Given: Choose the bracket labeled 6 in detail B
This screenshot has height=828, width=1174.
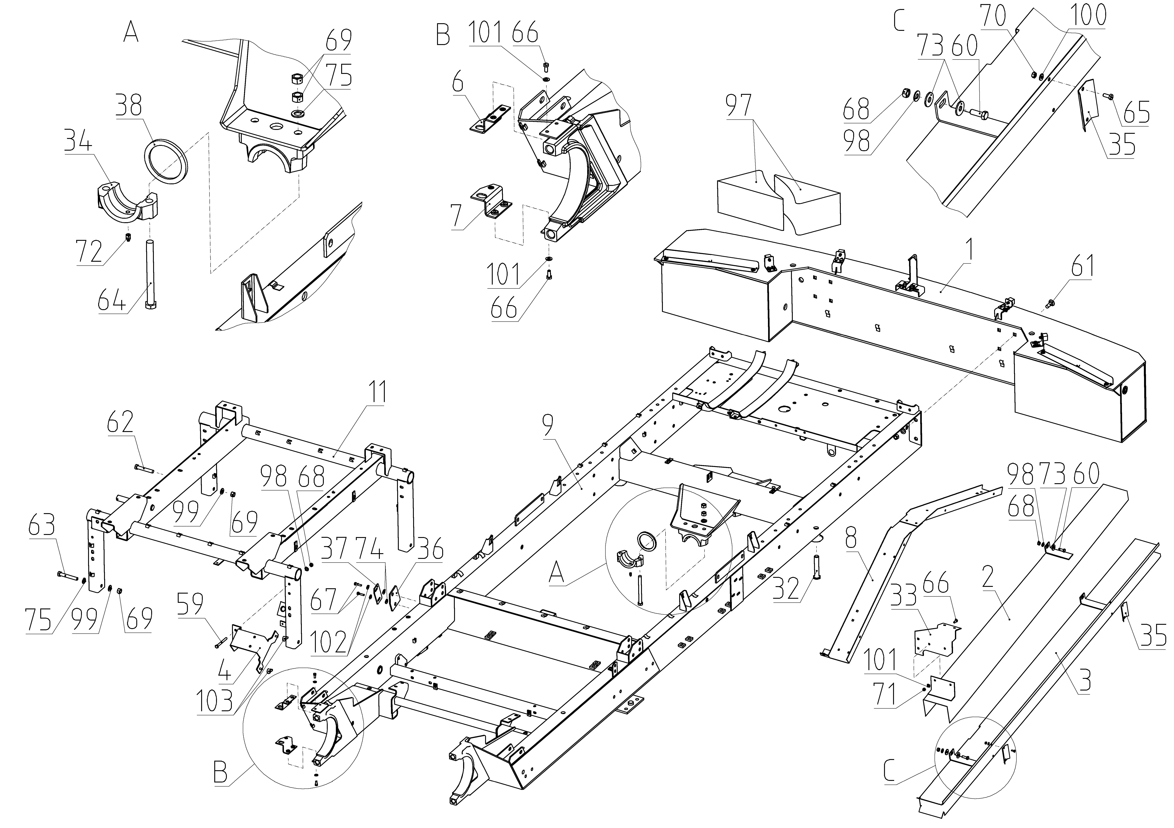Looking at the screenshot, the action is pos(489,122).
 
